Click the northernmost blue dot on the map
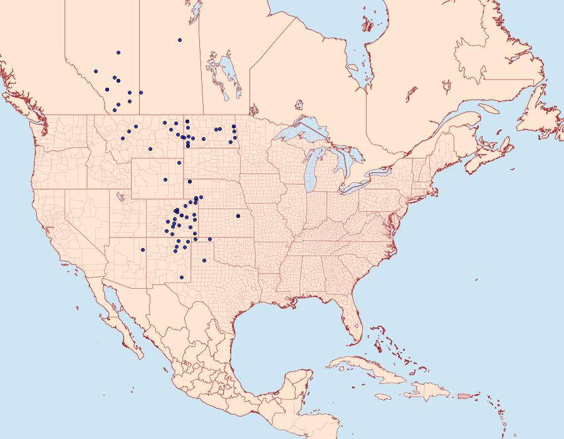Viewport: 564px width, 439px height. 180,40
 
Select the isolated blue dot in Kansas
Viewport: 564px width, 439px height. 238,216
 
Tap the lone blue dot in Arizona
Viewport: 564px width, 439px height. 143,250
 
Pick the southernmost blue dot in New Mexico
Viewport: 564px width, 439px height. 182,277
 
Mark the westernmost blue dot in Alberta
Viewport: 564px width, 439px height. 95,71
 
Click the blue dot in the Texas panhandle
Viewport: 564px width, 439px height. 204,261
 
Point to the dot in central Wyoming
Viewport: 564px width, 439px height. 165,180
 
